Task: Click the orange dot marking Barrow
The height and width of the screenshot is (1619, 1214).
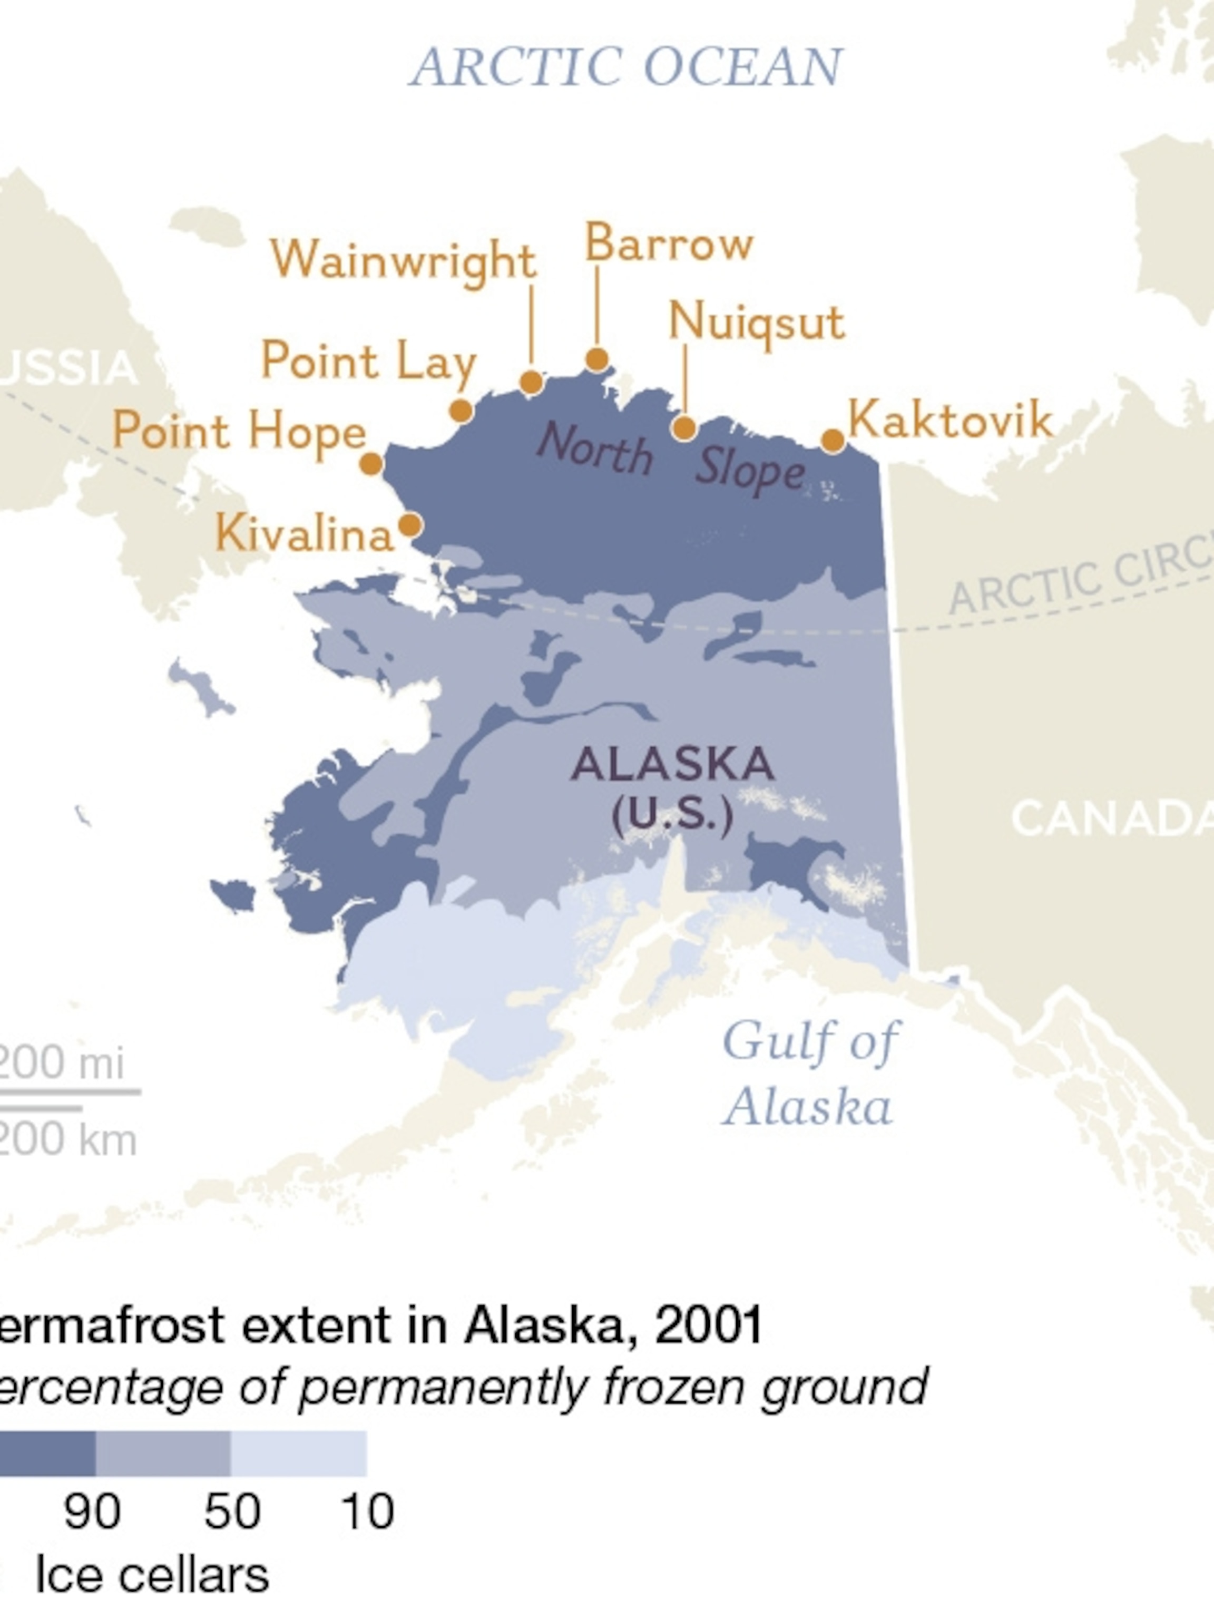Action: (x=597, y=359)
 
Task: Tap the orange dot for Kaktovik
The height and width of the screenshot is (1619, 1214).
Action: (x=833, y=441)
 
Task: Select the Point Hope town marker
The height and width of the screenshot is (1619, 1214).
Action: (x=371, y=464)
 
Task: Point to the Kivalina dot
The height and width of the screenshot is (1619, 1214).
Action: (x=410, y=525)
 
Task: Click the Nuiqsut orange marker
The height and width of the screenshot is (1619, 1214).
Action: (x=684, y=427)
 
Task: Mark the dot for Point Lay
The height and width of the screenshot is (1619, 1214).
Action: (x=461, y=411)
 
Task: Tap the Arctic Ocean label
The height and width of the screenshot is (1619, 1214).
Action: (x=626, y=67)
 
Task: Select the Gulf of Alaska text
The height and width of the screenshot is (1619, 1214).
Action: (x=809, y=1072)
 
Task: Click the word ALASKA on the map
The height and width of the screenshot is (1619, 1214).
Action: (x=672, y=764)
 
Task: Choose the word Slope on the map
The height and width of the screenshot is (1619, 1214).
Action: (x=750, y=470)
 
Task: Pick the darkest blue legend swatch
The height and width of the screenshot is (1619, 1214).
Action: (x=44, y=1454)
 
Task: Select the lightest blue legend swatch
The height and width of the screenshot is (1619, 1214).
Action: (x=299, y=1454)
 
